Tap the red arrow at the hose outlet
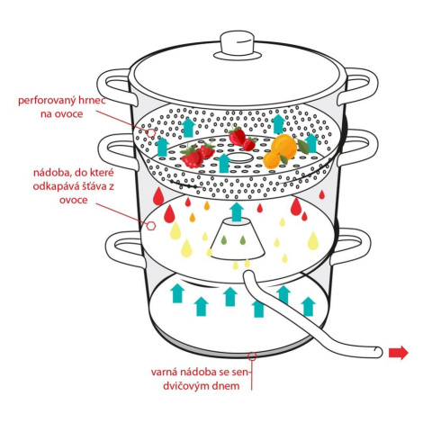399,353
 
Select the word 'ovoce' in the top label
69,114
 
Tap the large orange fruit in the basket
283,146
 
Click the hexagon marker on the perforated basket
151,132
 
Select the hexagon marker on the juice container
151,226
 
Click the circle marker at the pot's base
252,356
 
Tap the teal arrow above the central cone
237,211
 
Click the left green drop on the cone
224,240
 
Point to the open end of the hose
379,352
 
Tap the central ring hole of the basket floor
239,157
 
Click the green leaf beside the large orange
303,146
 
